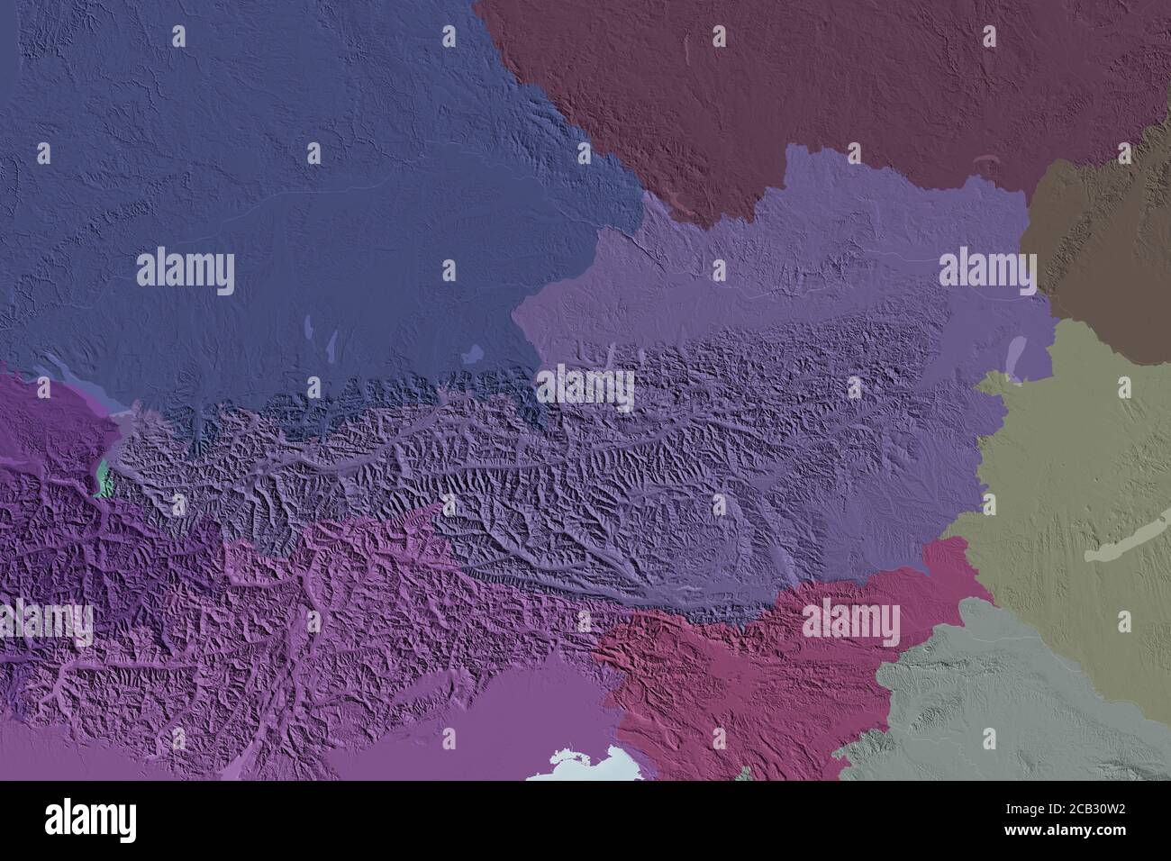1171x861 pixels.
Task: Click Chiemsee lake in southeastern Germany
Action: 476,350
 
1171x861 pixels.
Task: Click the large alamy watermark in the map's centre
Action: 585,387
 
